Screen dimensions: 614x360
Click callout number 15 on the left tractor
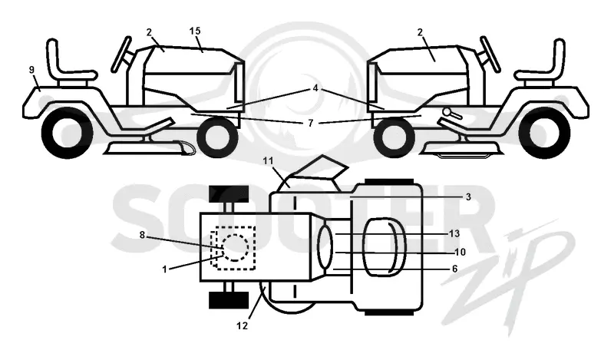(x=195, y=31)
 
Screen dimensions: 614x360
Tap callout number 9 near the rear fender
(x=31, y=70)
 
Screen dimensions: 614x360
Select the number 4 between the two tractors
(x=315, y=89)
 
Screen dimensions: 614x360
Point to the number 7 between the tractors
(x=311, y=124)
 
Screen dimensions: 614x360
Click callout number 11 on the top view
(x=268, y=161)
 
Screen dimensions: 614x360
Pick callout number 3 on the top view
(x=468, y=197)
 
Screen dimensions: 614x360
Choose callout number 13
(x=454, y=234)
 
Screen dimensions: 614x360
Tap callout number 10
(x=460, y=253)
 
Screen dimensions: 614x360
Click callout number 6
(x=454, y=269)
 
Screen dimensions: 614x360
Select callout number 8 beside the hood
(x=142, y=235)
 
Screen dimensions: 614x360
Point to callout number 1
(x=164, y=269)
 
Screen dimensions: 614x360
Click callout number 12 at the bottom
(x=243, y=326)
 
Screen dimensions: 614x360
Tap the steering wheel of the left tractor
(x=121, y=54)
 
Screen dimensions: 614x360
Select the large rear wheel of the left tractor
(x=67, y=133)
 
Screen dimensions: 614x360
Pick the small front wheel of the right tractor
(x=394, y=137)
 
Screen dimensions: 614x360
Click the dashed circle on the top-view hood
(x=234, y=248)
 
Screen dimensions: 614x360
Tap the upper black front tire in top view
(x=229, y=194)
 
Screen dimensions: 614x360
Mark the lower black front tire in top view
(x=229, y=300)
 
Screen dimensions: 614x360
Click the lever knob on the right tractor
(x=447, y=111)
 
